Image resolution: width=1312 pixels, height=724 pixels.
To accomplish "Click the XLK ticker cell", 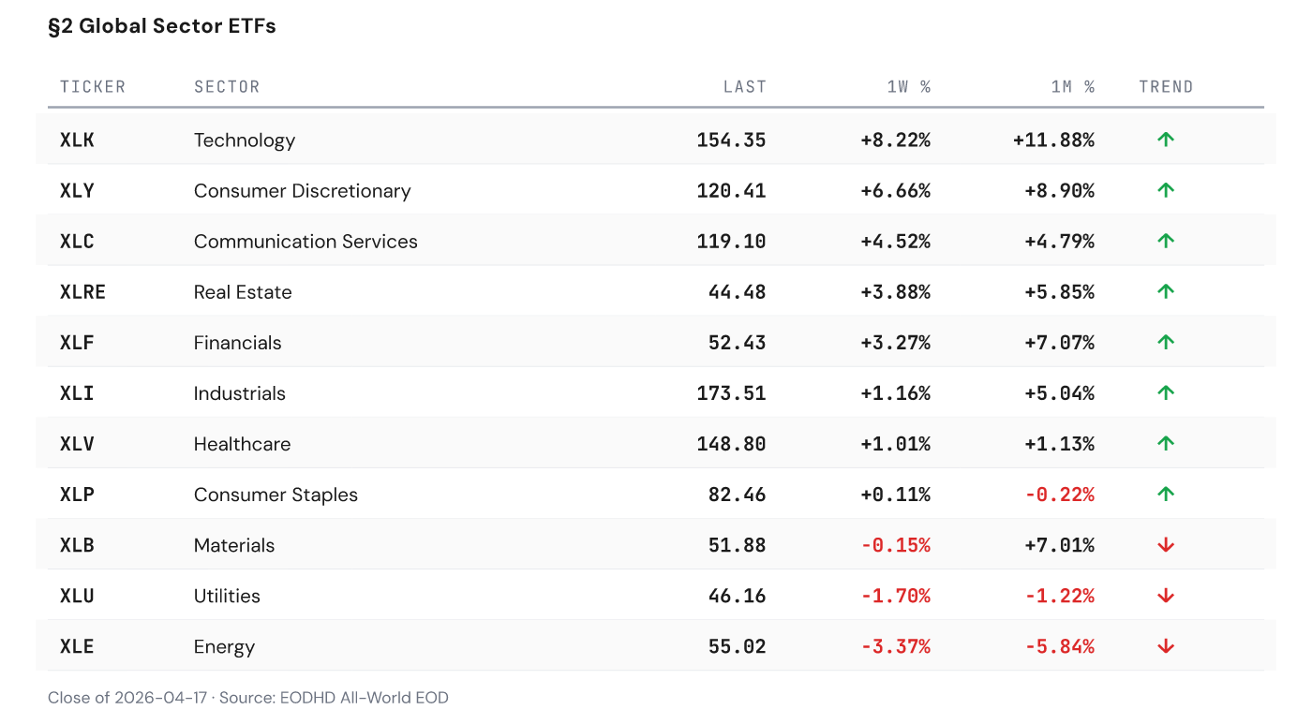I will [x=78, y=140].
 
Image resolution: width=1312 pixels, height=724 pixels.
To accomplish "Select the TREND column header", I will [x=1166, y=87].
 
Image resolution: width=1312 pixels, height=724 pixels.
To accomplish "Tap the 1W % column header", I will [x=908, y=87].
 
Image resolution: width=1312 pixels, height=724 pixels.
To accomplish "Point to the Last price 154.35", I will [x=731, y=140].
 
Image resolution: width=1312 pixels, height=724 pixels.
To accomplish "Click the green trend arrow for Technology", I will [x=1166, y=140].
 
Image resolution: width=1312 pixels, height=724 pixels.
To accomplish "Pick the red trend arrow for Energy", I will [x=1166, y=646].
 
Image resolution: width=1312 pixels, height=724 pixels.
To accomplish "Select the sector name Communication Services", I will [x=306, y=242].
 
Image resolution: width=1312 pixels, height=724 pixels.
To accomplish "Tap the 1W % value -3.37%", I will [x=895, y=646].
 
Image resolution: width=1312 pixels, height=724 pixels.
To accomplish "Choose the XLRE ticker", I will [x=82, y=292].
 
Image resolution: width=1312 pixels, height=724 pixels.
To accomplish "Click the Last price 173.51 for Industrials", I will [x=731, y=393].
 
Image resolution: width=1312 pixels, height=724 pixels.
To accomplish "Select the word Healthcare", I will [x=242, y=444].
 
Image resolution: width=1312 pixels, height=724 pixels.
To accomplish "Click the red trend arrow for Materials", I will [x=1166, y=545].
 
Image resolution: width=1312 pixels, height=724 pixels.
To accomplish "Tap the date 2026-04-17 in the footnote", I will [x=158, y=698].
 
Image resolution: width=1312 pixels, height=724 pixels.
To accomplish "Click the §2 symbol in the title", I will [x=60, y=26].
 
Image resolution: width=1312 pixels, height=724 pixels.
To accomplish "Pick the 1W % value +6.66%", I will [x=895, y=191].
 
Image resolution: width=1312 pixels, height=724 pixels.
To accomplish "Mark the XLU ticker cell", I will [x=78, y=596].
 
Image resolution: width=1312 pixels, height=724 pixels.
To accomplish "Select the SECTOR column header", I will [x=227, y=87].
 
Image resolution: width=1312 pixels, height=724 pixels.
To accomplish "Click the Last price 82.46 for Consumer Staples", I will [x=737, y=495].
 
